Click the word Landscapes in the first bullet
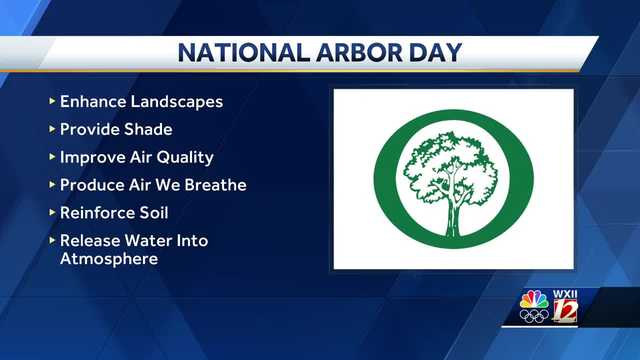[176, 102]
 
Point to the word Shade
[148, 129]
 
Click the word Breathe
[216, 185]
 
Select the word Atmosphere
[109, 258]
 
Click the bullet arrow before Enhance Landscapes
[52, 100]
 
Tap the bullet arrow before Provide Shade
[52, 129]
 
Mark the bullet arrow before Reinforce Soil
[52, 212]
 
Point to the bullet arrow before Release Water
[52, 240]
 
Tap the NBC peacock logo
[534, 300]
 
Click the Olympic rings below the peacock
[534, 316]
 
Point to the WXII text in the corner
[565, 294]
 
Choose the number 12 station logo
[565, 311]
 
